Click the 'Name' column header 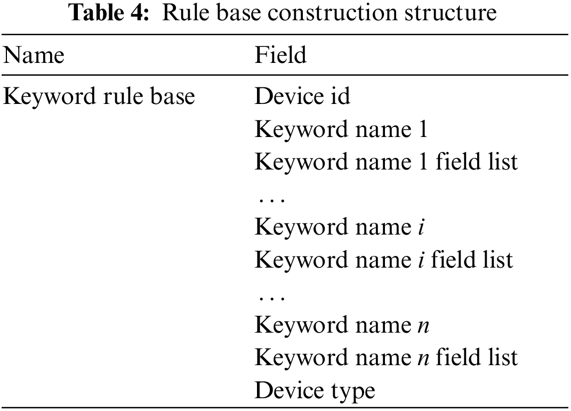click(x=34, y=55)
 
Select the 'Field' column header click(x=280, y=55)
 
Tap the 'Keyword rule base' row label click(x=99, y=98)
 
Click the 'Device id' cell click(x=302, y=98)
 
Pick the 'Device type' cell click(x=315, y=390)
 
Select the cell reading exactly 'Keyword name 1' click(x=341, y=130)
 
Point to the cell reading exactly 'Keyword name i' click(x=339, y=228)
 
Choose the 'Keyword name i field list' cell click(x=383, y=260)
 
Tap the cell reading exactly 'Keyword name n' click(x=342, y=325)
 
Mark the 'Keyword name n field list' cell click(x=386, y=358)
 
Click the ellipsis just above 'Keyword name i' click(x=271, y=198)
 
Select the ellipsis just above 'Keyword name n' click(x=271, y=296)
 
